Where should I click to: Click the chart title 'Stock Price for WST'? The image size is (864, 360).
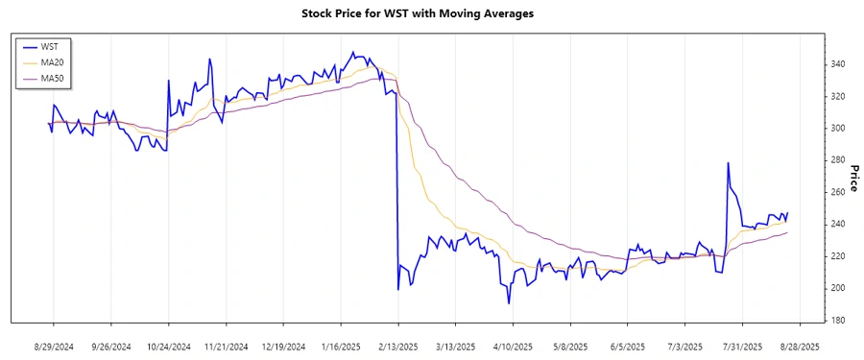coord(431,13)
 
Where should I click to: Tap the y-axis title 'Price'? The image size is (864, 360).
coord(852,178)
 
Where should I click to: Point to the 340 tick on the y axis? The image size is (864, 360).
coord(837,64)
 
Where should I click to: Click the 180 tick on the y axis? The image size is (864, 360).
coord(837,320)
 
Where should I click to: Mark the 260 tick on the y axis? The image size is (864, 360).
coord(837,192)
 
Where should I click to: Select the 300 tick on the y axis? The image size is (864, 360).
coord(837,129)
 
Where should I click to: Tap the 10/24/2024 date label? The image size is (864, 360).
coord(168,346)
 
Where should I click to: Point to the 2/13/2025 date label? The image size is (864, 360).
coord(397,346)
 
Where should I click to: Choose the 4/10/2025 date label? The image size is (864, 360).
coord(513,346)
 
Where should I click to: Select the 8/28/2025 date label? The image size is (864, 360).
coord(799,346)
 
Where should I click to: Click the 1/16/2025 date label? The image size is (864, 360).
coord(340,346)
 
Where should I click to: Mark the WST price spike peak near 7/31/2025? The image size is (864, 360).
coord(729,163)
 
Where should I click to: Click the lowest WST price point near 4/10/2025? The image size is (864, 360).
coord(509,303)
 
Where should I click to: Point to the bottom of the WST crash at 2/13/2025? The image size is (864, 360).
coord(397,289)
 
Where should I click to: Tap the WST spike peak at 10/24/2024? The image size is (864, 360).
coord(168,81)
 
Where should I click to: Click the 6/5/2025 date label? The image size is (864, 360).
coord(627,346)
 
